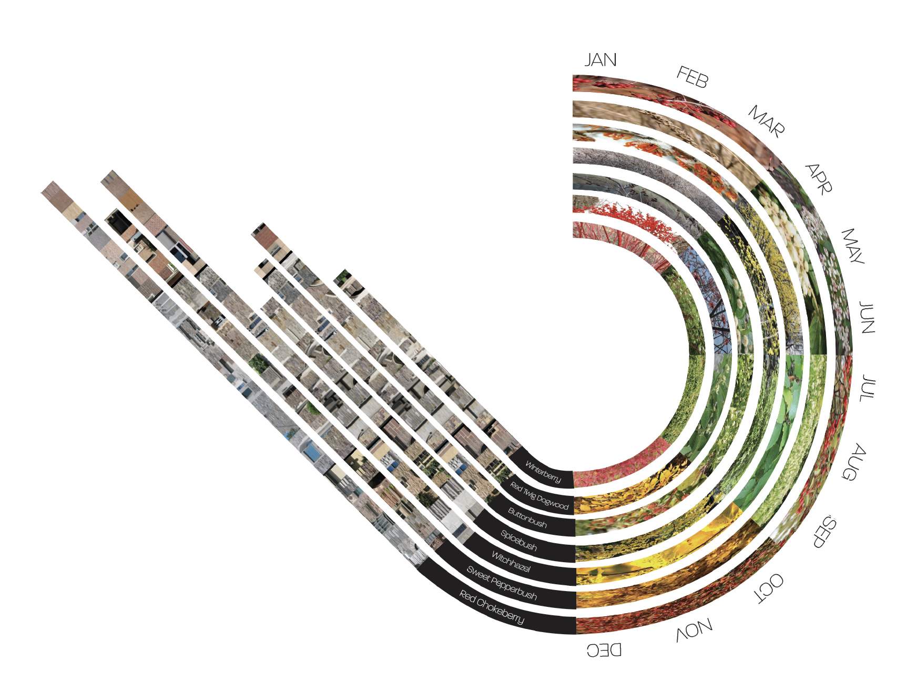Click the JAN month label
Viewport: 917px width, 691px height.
coord(600,60)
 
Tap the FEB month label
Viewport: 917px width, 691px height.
coord(692,77)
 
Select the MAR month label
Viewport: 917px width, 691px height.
coord(767,121)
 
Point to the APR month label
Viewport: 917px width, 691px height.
coord(819,179)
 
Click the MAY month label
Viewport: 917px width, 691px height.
coord(852,246)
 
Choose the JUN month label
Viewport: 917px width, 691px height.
coord(867,318)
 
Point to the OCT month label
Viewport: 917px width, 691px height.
coord(769,588)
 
